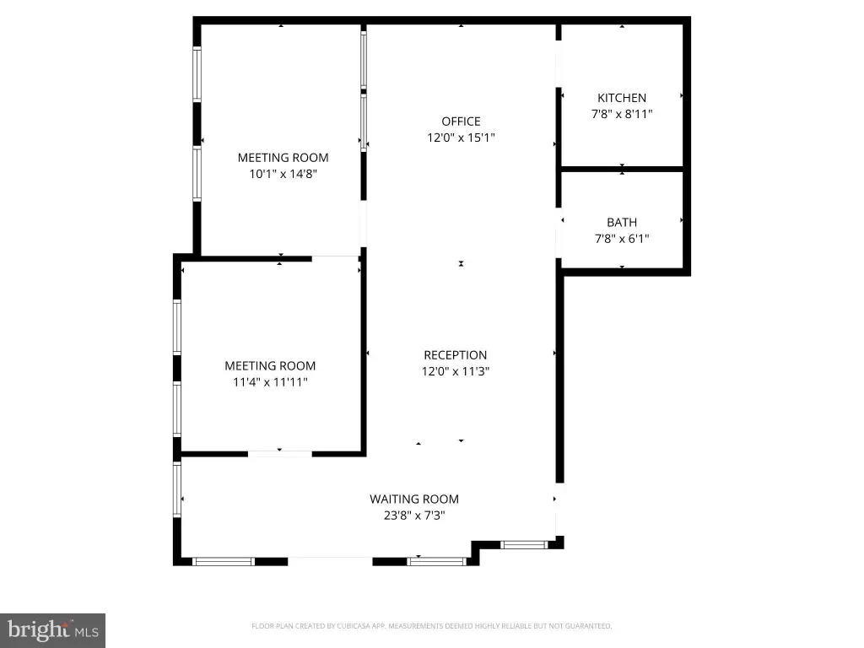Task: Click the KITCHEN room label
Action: coord(622,98)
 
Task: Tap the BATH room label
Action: coord(622,223)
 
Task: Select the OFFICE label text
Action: coord(461,121)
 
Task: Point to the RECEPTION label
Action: coord(455,355)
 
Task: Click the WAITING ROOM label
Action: coord(413,499)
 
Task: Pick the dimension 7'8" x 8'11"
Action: coord(622,114)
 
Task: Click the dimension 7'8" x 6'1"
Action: coord(622,239)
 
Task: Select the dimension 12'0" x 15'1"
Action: coord(461,138)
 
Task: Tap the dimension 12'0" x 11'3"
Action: coord(455,371)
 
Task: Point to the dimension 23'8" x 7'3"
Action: coord(413,516)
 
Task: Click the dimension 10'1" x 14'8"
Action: coord(283,174)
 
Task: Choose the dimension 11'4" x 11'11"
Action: coord(270,382)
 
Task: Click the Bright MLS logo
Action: coord(53,630)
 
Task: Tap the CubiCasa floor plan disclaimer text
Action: coord(431,626)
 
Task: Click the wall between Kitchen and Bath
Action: coord(622,169)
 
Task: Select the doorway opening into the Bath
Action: coord(559,233)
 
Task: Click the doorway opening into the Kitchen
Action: coord(559,64)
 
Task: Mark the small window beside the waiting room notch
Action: coord(523,545)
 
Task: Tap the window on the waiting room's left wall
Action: coord(177,490)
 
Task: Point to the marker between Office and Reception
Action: coord(461,263)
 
